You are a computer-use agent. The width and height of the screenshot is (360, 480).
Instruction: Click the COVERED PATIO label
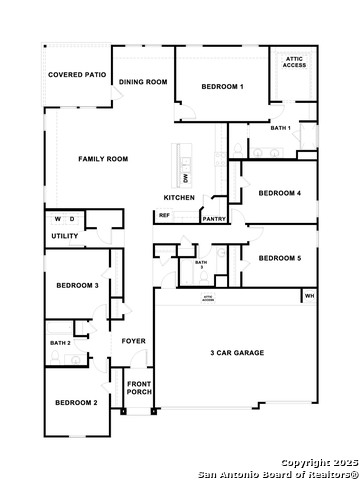click(77, 74)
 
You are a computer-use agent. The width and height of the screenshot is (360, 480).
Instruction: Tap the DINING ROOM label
click(143, 82)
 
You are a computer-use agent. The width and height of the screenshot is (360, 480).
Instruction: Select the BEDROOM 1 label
click(222, 87)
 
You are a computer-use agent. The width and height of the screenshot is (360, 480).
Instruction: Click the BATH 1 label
click(281, 128)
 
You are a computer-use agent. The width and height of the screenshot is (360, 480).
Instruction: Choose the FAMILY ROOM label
click(104, 159)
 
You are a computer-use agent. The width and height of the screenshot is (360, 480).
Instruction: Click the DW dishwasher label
click(186, 177)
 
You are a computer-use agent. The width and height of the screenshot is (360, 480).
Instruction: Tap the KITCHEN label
click(179, 197)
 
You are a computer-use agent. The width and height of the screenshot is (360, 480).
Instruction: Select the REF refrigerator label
click(164, 215)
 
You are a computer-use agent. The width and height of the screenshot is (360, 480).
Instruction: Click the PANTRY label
click(213, 218)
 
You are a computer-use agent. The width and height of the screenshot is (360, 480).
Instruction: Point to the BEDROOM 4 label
click(279, 193)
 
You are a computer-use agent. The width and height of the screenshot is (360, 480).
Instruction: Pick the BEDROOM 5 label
click(279, 258)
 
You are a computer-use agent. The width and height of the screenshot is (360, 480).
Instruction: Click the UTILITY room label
click(65, 236)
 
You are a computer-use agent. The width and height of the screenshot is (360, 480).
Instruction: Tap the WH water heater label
click(309, 296)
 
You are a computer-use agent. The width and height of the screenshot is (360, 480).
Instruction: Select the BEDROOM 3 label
click(76, 286)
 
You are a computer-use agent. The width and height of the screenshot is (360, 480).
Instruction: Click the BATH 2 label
click(60, 343)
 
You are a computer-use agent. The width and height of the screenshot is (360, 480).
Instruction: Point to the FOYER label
click(134, 341)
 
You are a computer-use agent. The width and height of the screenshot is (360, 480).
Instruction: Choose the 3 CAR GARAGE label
click(233, 353)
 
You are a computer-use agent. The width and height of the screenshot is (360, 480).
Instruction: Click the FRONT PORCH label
click(139, 387)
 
